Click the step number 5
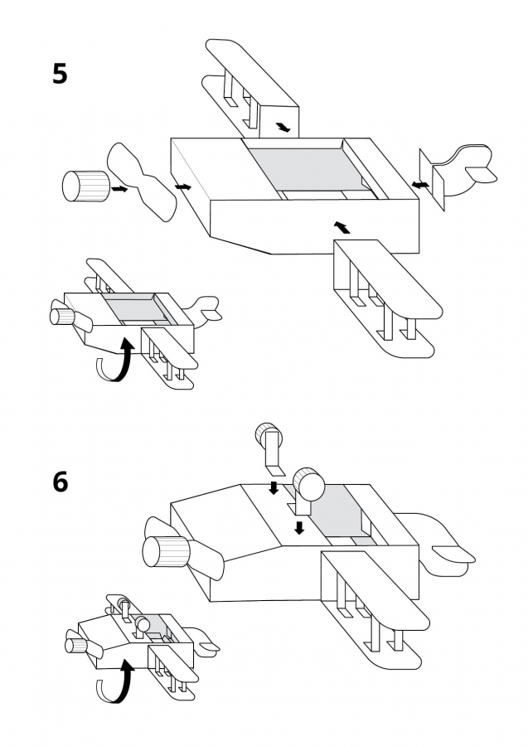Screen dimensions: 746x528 [60, 74]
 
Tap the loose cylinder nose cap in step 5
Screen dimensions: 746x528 [85, 186]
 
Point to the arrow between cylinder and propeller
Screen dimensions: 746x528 [119, 189]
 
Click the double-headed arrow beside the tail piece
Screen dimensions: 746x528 [421, 184]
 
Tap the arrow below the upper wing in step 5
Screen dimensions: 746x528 [283, 127]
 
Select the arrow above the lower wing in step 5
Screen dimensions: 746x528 [341, 225]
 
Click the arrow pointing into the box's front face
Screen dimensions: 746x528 [183, 186]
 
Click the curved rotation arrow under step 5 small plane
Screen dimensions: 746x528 [114, 361]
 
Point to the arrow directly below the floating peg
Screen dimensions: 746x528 [274, 487]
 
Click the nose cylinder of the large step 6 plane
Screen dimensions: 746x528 [165, 551]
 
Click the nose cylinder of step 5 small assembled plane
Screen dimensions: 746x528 [60, 315]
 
